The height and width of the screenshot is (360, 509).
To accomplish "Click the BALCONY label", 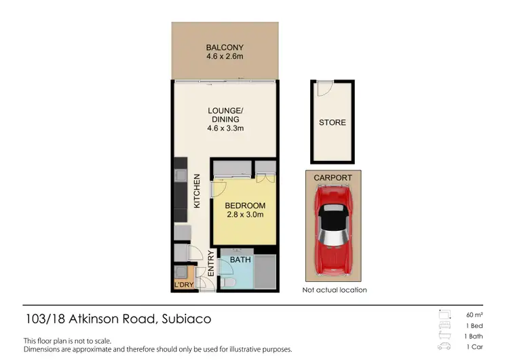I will click(225, 48).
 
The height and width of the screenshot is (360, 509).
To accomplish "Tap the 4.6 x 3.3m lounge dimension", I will click(225, 128).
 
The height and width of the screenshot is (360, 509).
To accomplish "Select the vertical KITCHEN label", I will click(197, 191).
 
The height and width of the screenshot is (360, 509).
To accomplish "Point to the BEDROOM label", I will click(244, 206).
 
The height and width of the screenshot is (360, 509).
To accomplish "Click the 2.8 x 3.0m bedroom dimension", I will click(244, 215).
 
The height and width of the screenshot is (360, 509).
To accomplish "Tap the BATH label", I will click(240, 259).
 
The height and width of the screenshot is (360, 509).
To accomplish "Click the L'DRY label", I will click(183, 285).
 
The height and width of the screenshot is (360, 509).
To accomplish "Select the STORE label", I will click(333, 123).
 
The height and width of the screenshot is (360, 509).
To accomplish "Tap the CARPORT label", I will click(333, 178).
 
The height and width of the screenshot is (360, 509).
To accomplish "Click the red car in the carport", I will click(333, 231).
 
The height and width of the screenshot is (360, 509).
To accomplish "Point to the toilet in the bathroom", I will click(229, 281).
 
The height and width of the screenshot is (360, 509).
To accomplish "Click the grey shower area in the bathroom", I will click(265, 273).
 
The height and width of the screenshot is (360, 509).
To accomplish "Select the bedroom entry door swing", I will click(219, 190).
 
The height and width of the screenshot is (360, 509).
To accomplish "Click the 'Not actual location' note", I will click(334, 290).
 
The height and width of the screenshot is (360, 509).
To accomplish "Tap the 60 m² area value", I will click(473, 314).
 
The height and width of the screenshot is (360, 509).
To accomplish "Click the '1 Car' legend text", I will click(474, 347).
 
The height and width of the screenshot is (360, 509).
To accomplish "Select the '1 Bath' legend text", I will click(474, 336).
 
